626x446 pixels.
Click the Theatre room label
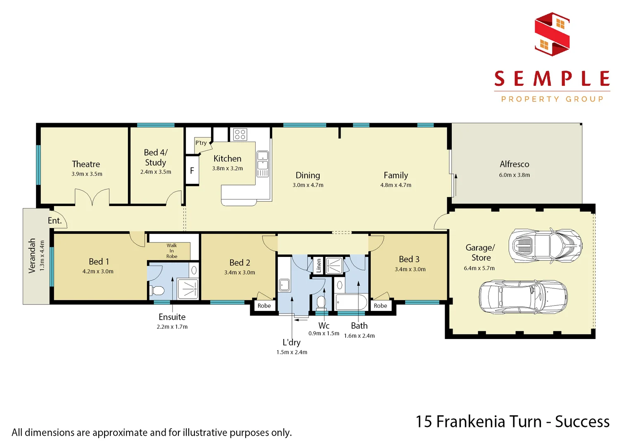(x=86, y=164)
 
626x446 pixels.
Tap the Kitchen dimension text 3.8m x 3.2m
(x=228, y=168)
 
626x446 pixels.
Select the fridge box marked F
(x=192, y=171)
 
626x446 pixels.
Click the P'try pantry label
(x=201, y=143)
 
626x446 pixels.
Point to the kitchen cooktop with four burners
(x=240, y=134)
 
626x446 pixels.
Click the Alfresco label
(x=514, y=164)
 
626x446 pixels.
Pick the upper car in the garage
(x=545, y=246)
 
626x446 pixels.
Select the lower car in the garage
(x=523, y=297)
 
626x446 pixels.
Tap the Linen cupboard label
(x=319, y=265)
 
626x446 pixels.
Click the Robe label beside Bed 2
(x=264, y=306)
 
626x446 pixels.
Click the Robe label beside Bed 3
(x=380, y=306)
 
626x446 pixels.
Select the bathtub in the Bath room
(x=351, y=302)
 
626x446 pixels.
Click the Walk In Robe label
(x=172, y=251)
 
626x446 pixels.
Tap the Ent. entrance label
(x=55, y=221)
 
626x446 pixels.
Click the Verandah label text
(x=32, y=256)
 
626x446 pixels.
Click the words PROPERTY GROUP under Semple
(x=552, y=99)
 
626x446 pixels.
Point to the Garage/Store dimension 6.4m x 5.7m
(x=479, y=268)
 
